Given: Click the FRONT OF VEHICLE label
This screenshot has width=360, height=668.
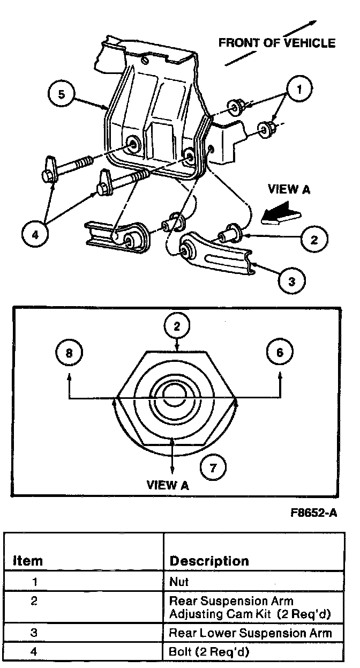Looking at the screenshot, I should click(x=276, y=43).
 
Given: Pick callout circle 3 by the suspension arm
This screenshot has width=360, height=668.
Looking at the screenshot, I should click(x=291, y=281).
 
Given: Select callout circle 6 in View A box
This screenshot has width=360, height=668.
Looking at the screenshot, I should click(x=280, y=353).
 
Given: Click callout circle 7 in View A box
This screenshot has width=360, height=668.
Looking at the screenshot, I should click(x=213, y=467).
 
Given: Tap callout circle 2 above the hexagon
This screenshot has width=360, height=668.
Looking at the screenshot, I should click(x=177, y=326).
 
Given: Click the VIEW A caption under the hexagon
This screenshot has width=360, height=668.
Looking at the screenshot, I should click(x=168, y=485).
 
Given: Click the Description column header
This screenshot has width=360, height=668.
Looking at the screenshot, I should click(x=209, y=561).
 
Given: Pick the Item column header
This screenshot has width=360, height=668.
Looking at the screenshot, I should click(x=27, y=561).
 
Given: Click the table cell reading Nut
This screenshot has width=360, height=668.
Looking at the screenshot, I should click(x=179, y=581).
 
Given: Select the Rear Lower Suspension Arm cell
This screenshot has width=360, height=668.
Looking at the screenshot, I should click(x=250, y=633).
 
